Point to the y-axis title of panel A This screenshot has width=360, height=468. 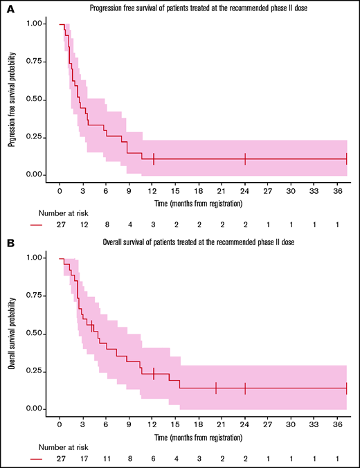coord(12,100)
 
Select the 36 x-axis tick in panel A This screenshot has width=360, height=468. coord(336,190)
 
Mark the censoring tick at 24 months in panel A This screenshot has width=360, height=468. coord(245,159)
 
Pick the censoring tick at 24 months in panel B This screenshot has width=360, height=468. coord(245,388)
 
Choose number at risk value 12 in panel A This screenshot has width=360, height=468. coord(83,225)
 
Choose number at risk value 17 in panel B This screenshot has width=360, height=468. coord(83,459)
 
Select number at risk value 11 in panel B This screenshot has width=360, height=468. coord(106,459)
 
